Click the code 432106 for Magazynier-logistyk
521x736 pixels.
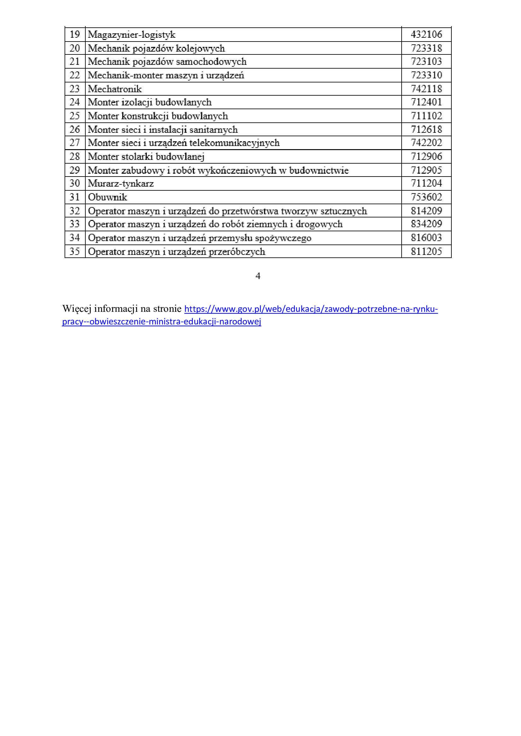[426, 34]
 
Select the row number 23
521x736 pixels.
[74, 88]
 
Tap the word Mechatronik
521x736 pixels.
[115, 89]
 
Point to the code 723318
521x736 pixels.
[426, 48]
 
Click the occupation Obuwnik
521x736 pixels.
[107, 197]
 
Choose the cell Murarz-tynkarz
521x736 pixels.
[121, 183]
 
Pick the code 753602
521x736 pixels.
[426, 197]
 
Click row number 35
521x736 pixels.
[74, 251]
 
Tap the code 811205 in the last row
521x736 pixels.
[426, 251]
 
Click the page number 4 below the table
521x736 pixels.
[258, 276]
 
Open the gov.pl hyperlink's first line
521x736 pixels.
[311, 309]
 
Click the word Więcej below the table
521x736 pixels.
[77, 309]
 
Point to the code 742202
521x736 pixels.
[426, 143]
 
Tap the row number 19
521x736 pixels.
[74, 34]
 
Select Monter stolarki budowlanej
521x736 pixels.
[146, 156]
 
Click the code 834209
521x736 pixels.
[426, 224]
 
